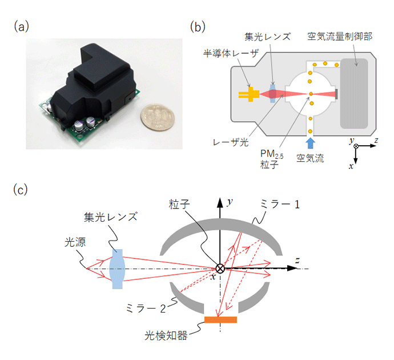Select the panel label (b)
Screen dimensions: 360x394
[x=196, y=26]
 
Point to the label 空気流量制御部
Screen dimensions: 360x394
[x=340, y=37]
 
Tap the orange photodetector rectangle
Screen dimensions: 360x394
[x=220, y=319]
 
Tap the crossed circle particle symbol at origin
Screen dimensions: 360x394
[x=220, y=269]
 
